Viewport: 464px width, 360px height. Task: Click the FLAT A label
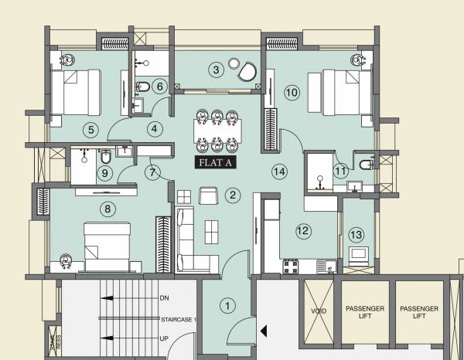click(217, 162)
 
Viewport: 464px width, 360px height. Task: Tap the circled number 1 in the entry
click(227, 305)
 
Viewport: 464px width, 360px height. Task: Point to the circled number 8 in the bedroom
click(107, 208)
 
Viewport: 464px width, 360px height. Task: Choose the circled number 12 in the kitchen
click(303, 229)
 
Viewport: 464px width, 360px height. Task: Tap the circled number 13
click(356, 234)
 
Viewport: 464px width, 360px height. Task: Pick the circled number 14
click(279, 171)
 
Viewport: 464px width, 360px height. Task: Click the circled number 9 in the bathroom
click(104, 174)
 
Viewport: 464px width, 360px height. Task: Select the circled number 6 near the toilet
click(159, 86)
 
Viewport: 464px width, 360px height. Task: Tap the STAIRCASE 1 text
click(179, 318)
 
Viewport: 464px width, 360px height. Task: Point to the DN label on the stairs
click(164, 297)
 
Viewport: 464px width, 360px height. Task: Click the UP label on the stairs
click(164, 338)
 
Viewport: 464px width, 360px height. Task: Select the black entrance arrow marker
click(264, 331)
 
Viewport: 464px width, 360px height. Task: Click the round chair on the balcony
click(247, 71)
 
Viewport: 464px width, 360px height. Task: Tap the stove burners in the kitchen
click(292, 266)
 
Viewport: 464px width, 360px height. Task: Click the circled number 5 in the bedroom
click(91, 129)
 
